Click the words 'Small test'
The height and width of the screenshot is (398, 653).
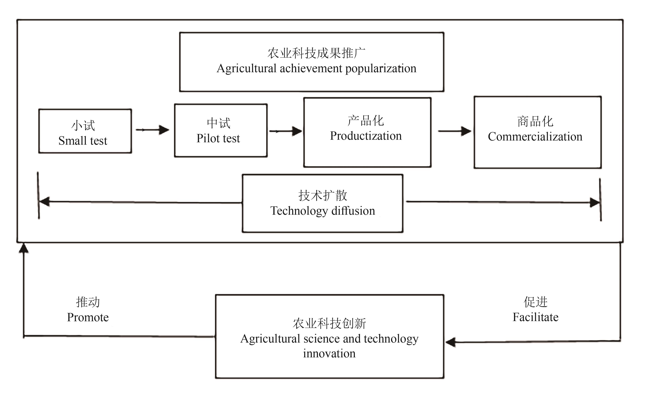pyautogui.click(x=83, y=141)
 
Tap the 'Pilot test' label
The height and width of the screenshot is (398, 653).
pyautogui.click(x=218, y=138)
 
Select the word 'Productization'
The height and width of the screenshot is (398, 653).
pyautogui.click(x=366, y=136)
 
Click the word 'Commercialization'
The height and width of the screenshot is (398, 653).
pyautogui.click(x=535, y=137)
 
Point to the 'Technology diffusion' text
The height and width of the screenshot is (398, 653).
pyautogui.click(x=322, y=211)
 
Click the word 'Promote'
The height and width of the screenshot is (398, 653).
pyautogui.click(x=88, y=317)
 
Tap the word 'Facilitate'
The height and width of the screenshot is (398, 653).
pyautogui.click(x=535, y=317)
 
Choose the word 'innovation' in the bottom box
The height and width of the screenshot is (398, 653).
pyautogui.click(x=329, y=354)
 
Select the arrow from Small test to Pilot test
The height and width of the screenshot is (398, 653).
pyautogui.click(x=153, y=130)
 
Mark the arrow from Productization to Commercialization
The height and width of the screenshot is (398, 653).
pyautogui.click(x=455, y=131)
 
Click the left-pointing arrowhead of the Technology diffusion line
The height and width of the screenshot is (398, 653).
pyautogui.click(x=44, y=201)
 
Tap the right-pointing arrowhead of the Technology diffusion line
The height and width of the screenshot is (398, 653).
pyautogui.click(x=595, y=203)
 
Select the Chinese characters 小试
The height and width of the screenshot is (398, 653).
pyautogui.click(x=83, y=125)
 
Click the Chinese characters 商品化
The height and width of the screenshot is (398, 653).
pyautogui.click(x=535, y=122)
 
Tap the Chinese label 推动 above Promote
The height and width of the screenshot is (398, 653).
pyautogui.click(x=88, y=302)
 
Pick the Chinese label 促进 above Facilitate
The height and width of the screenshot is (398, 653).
pyautogui.click(x=535, y=302)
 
